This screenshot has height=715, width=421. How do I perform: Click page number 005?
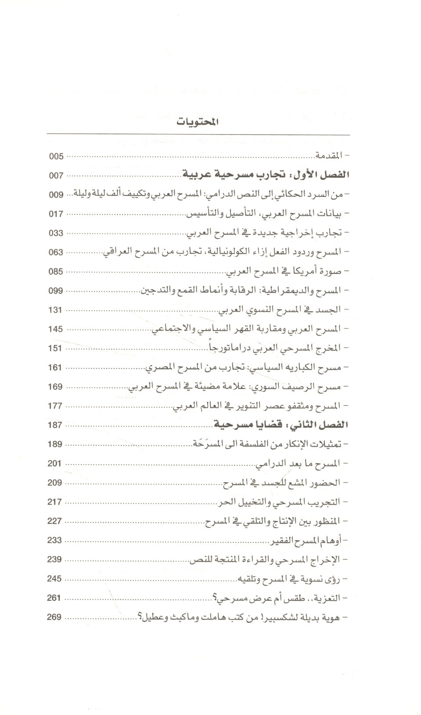click(56, 156)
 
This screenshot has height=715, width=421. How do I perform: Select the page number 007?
click(56, 176)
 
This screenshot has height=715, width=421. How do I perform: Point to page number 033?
click(56, 233)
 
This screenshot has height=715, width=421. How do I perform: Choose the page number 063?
click(56, 253)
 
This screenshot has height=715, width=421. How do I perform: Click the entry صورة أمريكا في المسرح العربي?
click(287, 272)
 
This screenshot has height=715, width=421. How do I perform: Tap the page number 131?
click(55, 310)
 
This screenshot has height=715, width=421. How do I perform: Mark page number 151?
click(55, 348)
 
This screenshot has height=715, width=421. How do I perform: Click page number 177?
click(55, 406)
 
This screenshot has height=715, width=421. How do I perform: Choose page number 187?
click(55, 425)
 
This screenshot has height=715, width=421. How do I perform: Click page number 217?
click(54, 502)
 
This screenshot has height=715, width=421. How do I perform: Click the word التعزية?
click(328, 598)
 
